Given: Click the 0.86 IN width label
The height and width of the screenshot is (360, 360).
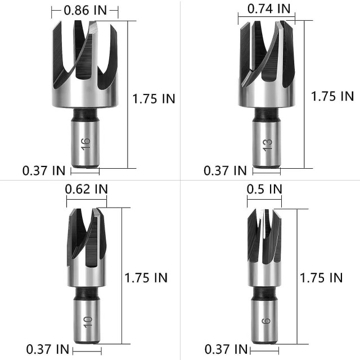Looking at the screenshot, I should pyautogui.click(x=85, y=9).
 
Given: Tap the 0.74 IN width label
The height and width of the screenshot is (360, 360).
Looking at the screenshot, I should pyautogui.click(x=269, y=8).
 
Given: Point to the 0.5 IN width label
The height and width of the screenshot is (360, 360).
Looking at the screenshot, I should pyautogui.click(x=264, y=189).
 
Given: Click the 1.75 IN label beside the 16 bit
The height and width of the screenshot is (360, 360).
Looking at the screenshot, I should pyautogui.click(x=154, y=98).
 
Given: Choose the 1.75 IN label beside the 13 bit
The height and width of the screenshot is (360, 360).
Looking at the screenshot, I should pyautogui.click(x=332, y=96).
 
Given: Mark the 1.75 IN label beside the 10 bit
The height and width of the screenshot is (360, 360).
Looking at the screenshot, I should pyautogui.click(x=146, y=277).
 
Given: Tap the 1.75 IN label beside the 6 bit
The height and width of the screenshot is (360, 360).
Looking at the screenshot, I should pyautogui.click(x=321, y=277).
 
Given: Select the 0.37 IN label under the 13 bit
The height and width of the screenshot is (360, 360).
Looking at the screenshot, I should pyautogui.click(x=225, y=170).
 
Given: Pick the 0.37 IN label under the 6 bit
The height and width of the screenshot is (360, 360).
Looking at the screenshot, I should pyautogui.click(x=225, y=350).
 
